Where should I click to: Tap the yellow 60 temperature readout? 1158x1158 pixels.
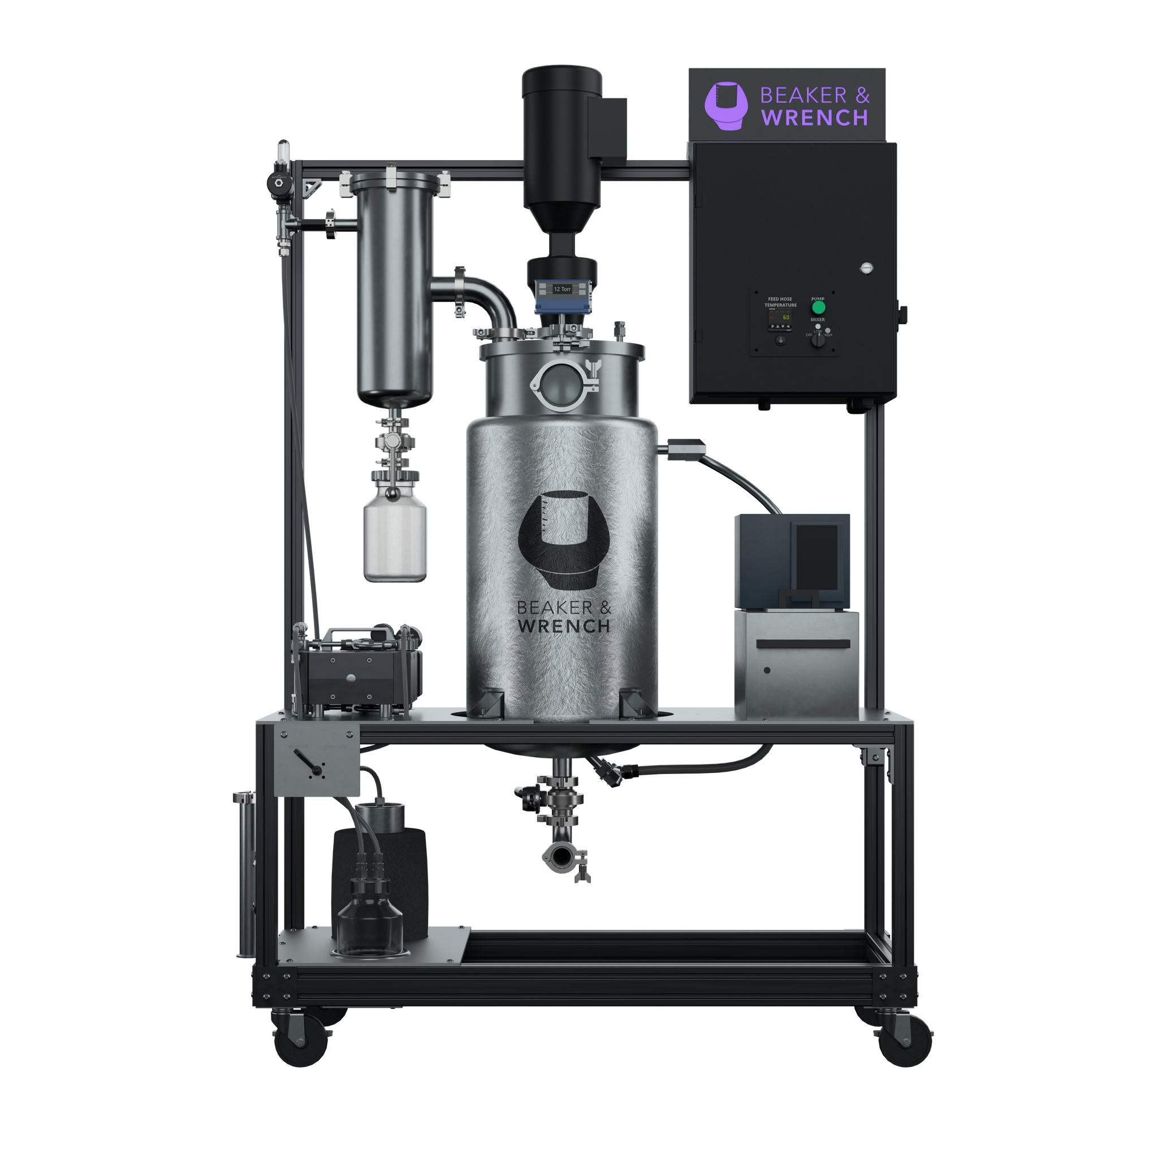coord(786,318)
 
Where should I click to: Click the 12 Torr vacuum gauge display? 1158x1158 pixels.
coord(562,289)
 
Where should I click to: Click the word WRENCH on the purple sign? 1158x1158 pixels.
coord(815,118)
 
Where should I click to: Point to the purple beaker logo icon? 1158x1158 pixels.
coord(726,106)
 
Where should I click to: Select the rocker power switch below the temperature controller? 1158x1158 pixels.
coord(780,340)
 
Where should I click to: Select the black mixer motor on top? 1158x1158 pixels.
coord(561,144)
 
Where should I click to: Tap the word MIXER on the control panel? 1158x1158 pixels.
coord(818,319)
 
